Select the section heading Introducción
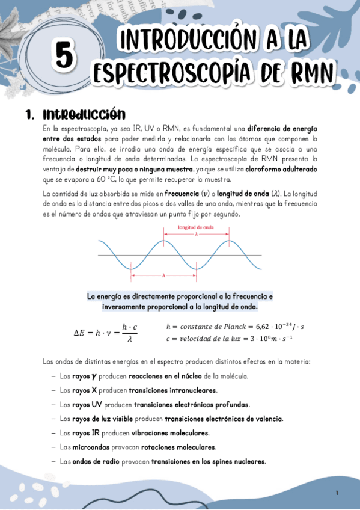coord(84,114)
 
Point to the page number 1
coord(337,493)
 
